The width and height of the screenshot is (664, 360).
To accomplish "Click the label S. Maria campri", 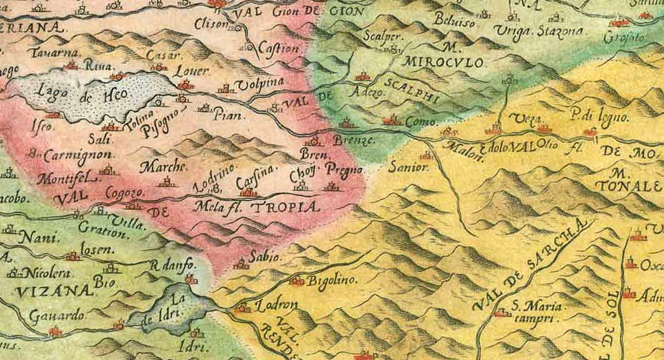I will [535, 311].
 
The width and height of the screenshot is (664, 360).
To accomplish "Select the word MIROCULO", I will [443, 63].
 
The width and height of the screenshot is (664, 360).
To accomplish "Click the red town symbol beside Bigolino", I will [296, 281].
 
